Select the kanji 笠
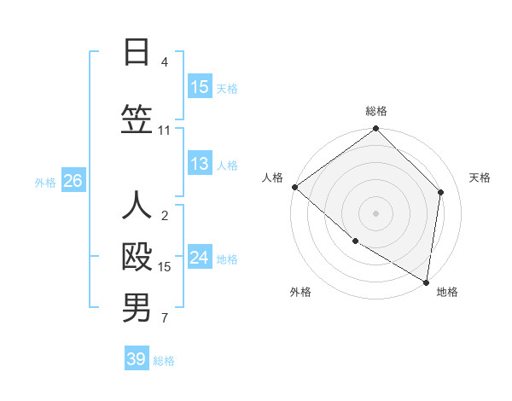137,119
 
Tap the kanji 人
137,206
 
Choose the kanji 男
137,308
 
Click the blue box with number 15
200,87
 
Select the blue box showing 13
200,164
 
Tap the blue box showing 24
200,258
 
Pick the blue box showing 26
73,181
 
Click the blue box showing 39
137,359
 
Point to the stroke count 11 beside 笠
165,131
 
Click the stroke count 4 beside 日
165,62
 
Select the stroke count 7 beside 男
165,319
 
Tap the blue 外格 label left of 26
45,182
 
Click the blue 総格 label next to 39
164,360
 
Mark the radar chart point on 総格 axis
375,129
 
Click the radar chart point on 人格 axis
294,187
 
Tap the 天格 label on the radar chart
480,177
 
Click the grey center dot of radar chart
375,212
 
